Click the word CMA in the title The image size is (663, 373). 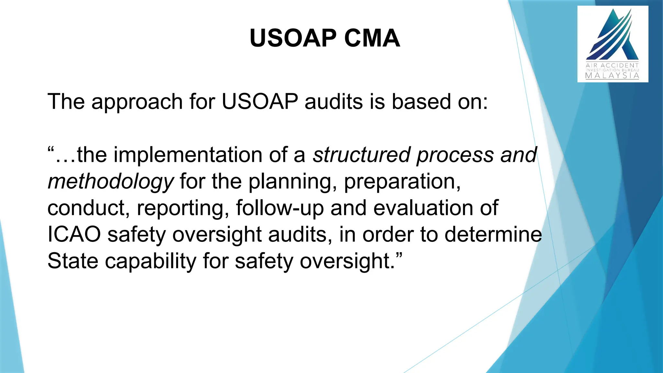372,38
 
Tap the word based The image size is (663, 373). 421,102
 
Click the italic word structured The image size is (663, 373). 362,155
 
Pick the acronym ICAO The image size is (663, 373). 74,234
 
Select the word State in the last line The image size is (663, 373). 73,261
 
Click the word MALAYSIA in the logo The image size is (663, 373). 612,76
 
